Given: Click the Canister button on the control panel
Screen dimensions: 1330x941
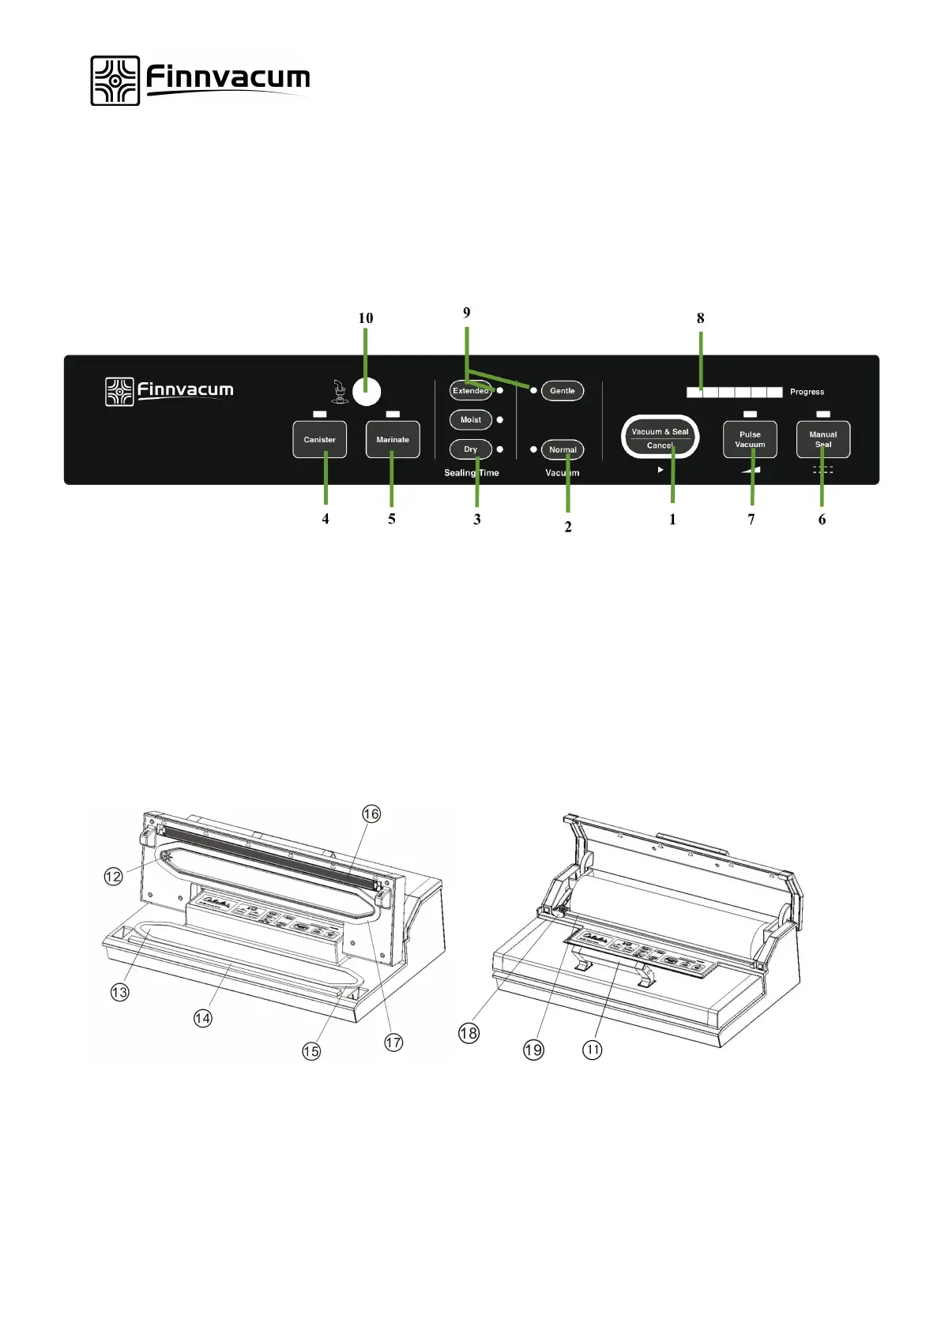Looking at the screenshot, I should pyautogui.click(x=319, y=440).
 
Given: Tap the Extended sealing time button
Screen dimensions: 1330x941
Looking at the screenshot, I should pyautogui.click(x=470, y=391).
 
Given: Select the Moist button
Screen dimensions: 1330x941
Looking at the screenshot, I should pyautogui.click(x=470, y=420).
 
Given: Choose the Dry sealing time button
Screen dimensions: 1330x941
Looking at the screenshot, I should pyautogui.click(x=470, y=449).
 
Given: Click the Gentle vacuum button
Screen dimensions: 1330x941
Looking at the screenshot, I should pyautogui.click(x=562, y=391).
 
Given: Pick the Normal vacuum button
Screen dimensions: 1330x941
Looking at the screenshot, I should pyautogui.click(x=563, y=449).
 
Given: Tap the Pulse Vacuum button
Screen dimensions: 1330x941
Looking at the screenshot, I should pyautogui.click(x=750, y=440).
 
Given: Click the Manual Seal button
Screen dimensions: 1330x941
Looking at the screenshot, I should pyautogui.click(x=822, y=440).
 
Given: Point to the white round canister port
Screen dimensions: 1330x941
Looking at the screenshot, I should pyautogui.click(x=366, y=391).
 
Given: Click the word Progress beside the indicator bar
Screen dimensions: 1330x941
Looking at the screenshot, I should pyautogui.click(x=807, y=392).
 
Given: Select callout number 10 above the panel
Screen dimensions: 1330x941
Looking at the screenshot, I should pyautogui.click(x=365, y=318).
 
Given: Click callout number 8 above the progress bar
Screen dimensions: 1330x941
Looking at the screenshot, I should pyautogui.click(x=700, y=318).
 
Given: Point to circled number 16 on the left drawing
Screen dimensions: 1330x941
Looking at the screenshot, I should pyautogui.click(x=371, y=813).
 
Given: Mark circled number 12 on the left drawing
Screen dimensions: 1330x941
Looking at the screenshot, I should pyautogui.click(x=114, y=876).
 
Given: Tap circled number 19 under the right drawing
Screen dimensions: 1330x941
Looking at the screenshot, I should pyautogui.click(x=533, y=1050).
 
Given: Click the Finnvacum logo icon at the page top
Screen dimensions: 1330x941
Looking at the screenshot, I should pyautogui.click(x=115, y=81).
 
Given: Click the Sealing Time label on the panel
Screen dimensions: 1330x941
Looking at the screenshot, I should pyautogui.click(x=471, y=473).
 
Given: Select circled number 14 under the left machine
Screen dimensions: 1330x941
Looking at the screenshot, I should pyautogui.click(x=203, y=1018).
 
